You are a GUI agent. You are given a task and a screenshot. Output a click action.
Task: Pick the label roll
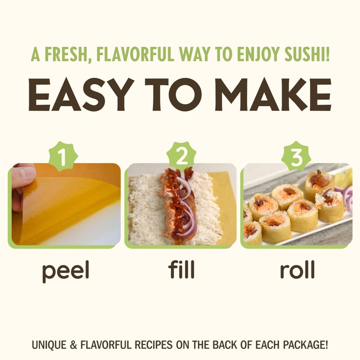click(x=297, y=270)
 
